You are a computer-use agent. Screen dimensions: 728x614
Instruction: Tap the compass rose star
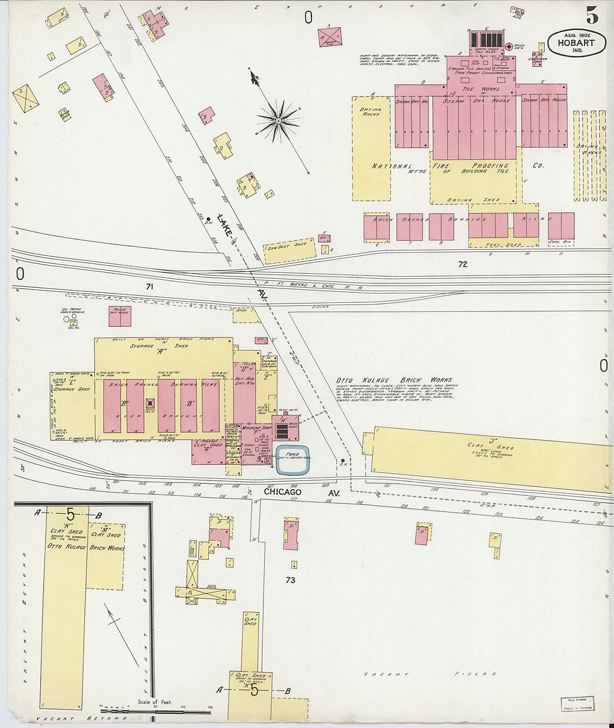point(277,119)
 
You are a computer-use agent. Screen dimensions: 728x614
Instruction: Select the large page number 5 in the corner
point(592,17)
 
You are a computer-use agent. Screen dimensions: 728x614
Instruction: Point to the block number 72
point(462,264)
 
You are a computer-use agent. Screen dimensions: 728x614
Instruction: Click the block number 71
point(149,286)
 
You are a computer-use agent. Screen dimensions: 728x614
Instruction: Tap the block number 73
point(290,580)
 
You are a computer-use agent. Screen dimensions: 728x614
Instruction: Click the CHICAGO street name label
point(282,491)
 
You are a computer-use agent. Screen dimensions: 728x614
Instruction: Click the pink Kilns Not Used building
point(119,316)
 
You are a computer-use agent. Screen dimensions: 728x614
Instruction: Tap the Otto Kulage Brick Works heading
point(394,380)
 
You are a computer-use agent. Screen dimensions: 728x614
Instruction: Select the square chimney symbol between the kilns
point(150,403)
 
